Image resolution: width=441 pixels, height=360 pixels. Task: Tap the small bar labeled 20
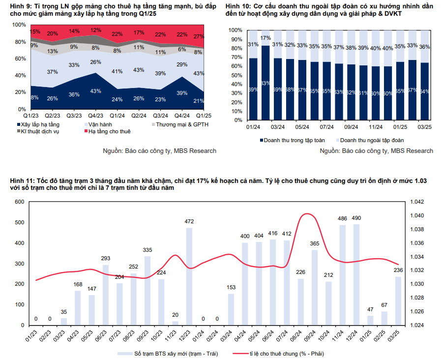176,323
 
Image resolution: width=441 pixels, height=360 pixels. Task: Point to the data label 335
147,250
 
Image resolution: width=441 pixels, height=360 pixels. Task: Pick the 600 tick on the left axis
19,202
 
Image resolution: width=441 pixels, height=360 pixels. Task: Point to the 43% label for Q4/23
96,91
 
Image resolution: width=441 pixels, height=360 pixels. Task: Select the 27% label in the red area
199,36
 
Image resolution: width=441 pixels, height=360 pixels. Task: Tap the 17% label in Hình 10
265,38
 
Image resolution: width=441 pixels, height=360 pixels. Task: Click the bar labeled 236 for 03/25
398,301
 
